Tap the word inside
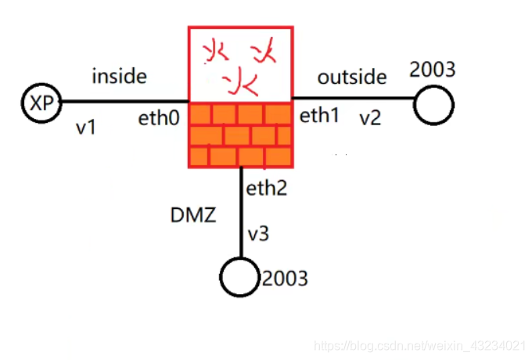(120, 76)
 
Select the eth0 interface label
(159, 120)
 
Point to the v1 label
(86, 127)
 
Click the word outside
(352, 77)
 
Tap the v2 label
(369, 119)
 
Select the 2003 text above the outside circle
(433, 70)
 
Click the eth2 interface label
(268, 188)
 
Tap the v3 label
(259, 234)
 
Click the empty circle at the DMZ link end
(239, 276)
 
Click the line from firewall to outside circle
(352, 98)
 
